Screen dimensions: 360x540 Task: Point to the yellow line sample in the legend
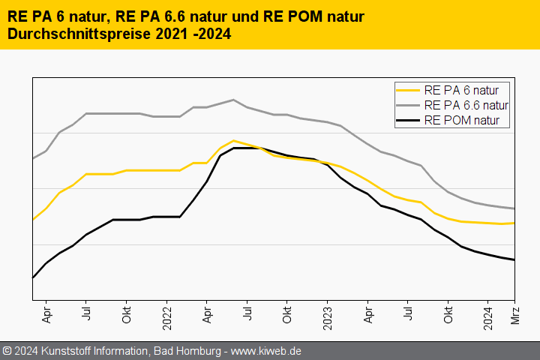[x=409, y=89]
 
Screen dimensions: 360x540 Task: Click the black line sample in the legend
[x=409, y=119]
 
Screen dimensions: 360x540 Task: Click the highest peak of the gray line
[x=233, y=100]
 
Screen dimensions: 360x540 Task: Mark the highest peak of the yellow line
[x=234, y=140]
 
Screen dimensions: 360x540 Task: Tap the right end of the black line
[x=514, y=260]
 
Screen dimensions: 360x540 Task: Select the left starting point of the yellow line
[x=32, y=220]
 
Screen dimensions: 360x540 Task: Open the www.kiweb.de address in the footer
[x=267, y=351]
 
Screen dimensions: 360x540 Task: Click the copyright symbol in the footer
[x=7, y=351]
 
